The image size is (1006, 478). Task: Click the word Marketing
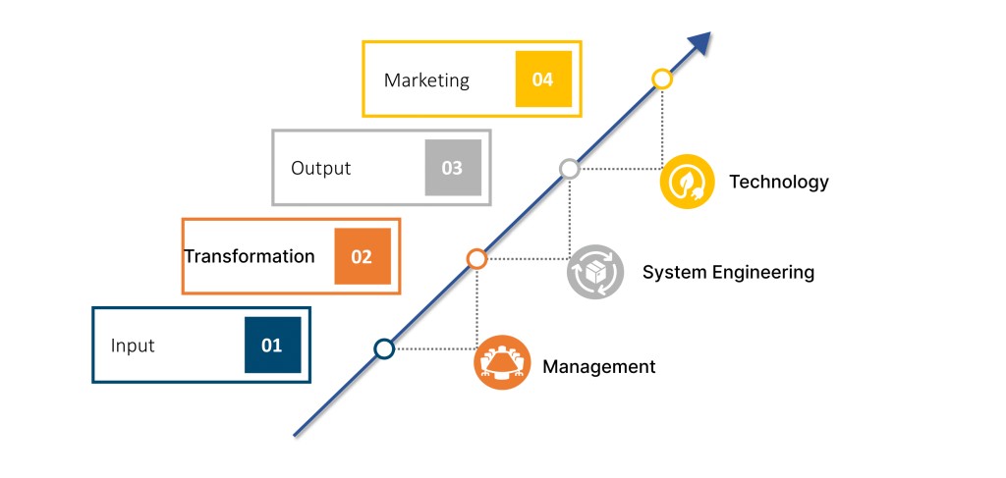(426, 80)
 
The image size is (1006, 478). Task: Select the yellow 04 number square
(543, 80)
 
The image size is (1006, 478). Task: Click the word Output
(320, 168)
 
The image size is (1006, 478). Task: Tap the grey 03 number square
(452, 168)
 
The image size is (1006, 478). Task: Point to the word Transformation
(250, 256)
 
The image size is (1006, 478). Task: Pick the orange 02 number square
(362, 257)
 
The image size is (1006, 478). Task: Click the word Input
(133, 345)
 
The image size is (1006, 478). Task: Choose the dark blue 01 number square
(272, 345)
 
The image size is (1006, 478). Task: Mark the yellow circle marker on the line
(662, 79)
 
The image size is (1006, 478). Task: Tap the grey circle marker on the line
(569, 169)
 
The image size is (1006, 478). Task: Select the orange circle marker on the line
(476, 259)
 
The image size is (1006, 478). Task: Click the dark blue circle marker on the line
(384, 348)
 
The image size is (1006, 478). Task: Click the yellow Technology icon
(687, 182)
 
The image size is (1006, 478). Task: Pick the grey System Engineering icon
(594, 272)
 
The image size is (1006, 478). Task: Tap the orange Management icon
(502, 363)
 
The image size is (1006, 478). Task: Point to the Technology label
(778, 182)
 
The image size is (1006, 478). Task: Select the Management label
(598, 367)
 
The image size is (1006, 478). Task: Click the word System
(669, 273)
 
